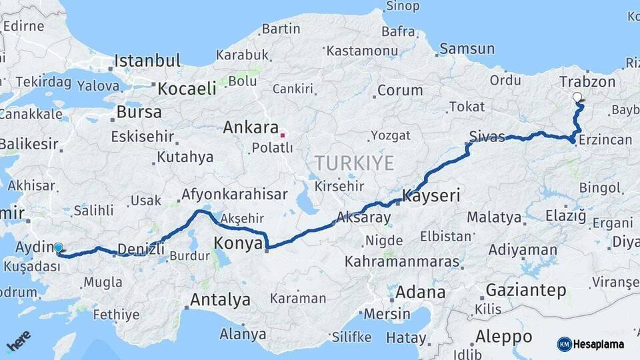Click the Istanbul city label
[147, 61]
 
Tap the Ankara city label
[251, 127]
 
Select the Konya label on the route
[239, 244]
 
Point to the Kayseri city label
[432, 196]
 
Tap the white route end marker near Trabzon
[577, 97]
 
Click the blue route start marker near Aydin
[59, 248]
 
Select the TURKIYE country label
[355, 163]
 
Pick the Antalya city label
[220, 300]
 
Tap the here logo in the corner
[18, 341]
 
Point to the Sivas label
[487, 137]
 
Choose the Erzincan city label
[605, 140]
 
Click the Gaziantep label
[526, 291]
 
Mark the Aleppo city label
[503, 336]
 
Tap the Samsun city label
[467, 49]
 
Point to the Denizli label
[141, 250]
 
